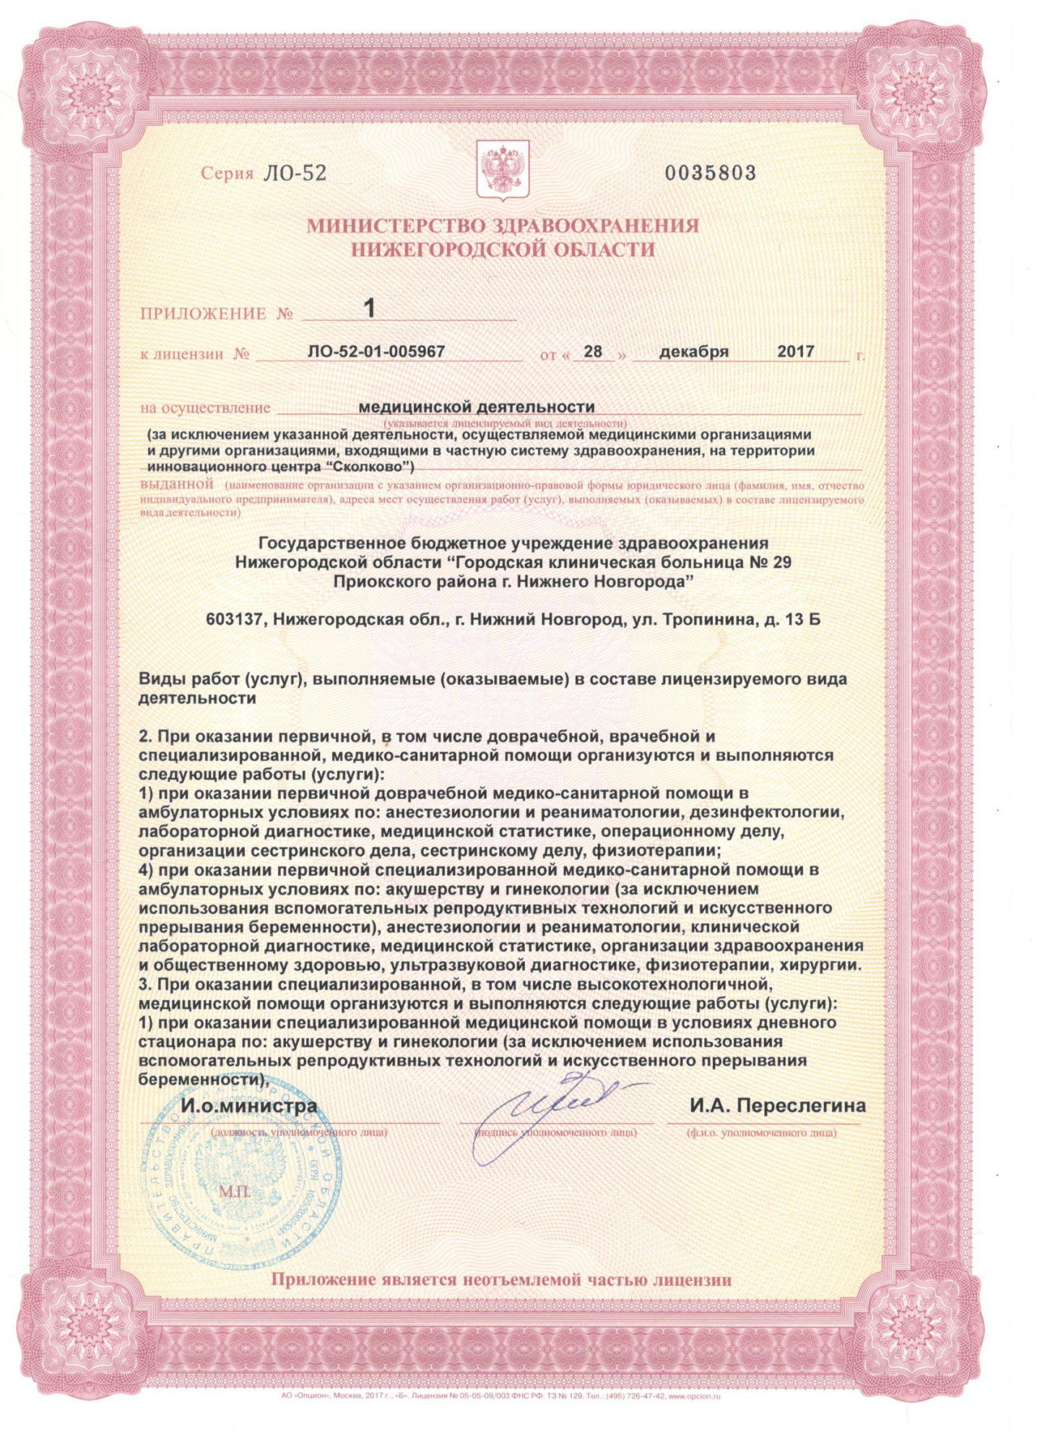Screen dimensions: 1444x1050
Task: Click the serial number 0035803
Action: [710, 173]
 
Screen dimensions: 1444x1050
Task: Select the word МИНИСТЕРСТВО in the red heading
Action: [396, 226]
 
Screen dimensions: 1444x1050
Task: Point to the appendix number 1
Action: [370, 308]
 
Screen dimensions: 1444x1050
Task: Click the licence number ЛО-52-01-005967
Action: [376, 352]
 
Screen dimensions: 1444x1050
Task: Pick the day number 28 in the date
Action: [593, 352]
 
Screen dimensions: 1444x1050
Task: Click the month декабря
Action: [693, 352]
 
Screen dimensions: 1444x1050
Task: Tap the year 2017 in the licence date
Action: [796, 352]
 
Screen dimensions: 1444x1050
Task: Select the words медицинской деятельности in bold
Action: [477, 407]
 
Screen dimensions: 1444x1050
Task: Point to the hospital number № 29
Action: [771, 562]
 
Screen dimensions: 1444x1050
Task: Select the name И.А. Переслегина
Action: [778, 1105]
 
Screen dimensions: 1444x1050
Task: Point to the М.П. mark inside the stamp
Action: [235, 1191]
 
